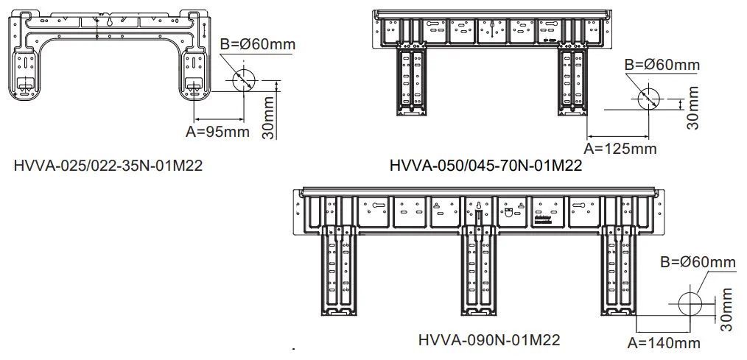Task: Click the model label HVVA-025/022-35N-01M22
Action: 108,165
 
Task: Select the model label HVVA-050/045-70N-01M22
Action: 485,166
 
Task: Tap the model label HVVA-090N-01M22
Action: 488,340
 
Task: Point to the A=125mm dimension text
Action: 620,148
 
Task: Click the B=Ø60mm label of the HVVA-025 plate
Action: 258,45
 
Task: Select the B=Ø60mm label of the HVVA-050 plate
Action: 662,65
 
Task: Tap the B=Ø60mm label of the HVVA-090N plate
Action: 698,263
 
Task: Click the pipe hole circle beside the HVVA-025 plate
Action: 244,80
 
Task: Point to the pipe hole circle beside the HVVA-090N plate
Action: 690,303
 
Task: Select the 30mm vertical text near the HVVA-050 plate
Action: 692,109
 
